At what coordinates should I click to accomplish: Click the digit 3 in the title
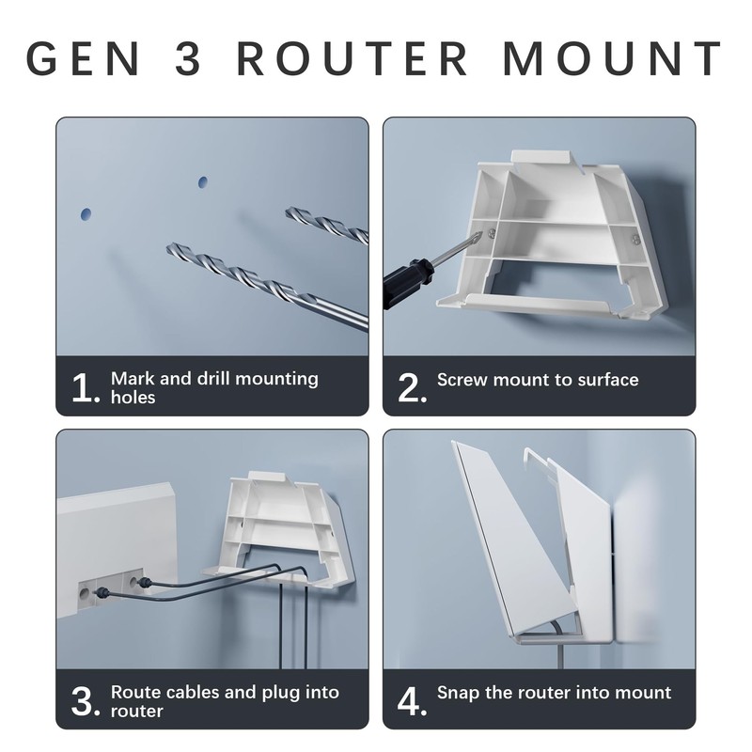pyautogui.click(x=187, y=58)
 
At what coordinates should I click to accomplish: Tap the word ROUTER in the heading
pyautogui.click(x=352, y=58)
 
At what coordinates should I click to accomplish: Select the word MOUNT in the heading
pyautogui.click(x=613, y=58)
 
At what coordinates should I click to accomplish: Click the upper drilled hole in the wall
pyautogui.click(x=203, y=182)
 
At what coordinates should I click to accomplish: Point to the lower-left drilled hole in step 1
pyautogui.click(x=86, y=214)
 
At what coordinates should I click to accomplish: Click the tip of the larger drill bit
pyautogui.click(x=168, y=247)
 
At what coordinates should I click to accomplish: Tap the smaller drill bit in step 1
pyautogui.click(x=327, y=225)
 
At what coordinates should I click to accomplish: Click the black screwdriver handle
pyautogui.click(x=408, y=283)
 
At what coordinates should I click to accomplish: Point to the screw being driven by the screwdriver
pyautogui.click(x=491, y=234)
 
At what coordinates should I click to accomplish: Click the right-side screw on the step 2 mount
pyautogui.click(x=635, y=239)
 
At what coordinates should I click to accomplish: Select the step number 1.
pyautogui.click(x=86, y=387)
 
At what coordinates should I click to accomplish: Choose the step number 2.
pyautogui.click(x=412, y=387)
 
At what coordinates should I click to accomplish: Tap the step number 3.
pyautogui.click(x=86, y=701)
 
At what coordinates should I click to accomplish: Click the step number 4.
pyautogui.click(x=412, y=701)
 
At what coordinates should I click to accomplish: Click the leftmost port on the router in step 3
pyautogui.click(x=85, y=594)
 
